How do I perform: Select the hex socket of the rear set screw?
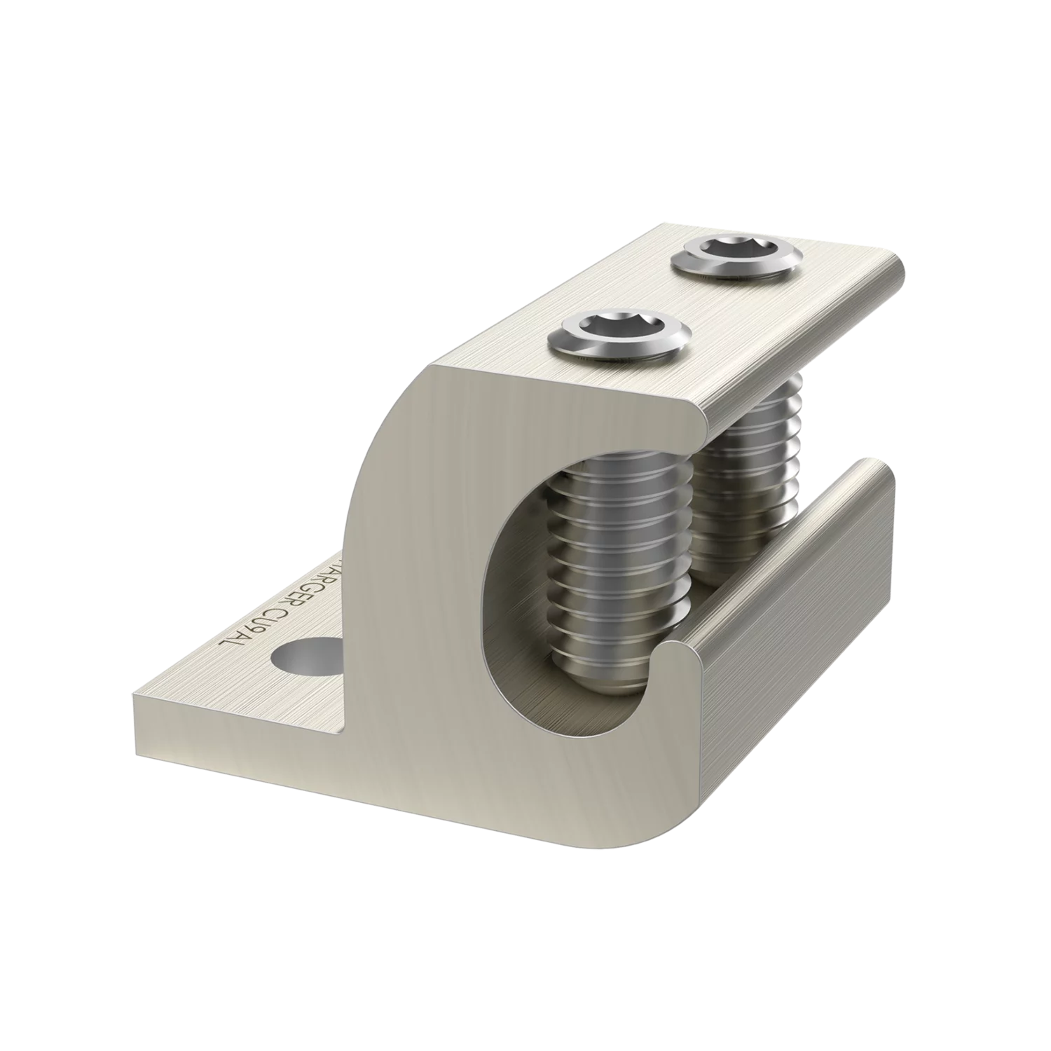click(732, 249)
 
